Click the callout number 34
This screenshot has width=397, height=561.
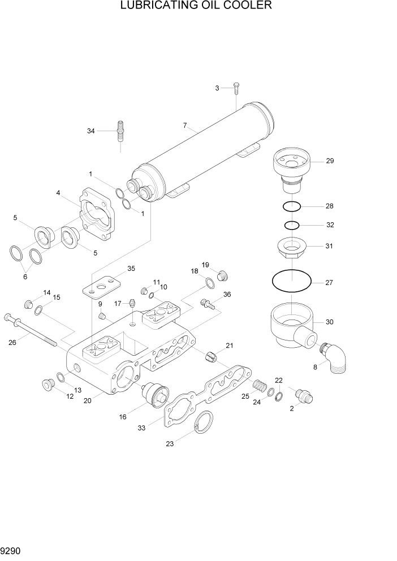coord(90,131)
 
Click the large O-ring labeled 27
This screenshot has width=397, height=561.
coord(291,281)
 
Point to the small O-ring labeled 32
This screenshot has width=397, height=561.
coord(292,225)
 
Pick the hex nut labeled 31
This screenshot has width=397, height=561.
coord(291,247)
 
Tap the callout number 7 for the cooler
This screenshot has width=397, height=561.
coord(184,125)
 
